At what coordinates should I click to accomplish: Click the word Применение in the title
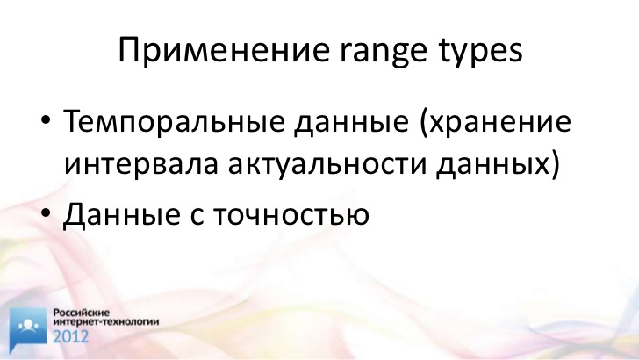click(x=224, y=50)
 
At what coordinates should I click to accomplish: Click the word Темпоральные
click(x=174, y=121)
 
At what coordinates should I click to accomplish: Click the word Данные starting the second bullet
click(x=121, y=213)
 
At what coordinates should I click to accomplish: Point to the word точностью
click(x=291, y=215)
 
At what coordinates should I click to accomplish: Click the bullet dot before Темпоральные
click(x=46, y=121)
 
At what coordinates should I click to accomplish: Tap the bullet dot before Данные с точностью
click(x=46, y=212)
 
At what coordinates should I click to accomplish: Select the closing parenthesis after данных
click(x=555, y=165)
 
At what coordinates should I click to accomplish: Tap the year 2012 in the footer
click(x=70, y=336)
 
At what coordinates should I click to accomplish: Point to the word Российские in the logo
click(x=82, y=313)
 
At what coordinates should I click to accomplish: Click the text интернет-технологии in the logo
click(x=106, y=321)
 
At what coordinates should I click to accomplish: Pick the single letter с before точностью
click(x=197, y=215)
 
